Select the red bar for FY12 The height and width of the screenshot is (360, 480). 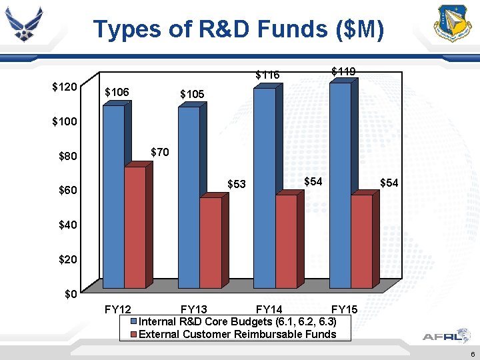point(135,227)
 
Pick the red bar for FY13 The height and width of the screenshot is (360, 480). point(211,243)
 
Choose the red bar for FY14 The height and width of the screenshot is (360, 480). point(286,241)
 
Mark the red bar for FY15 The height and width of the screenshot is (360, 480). point(361,241)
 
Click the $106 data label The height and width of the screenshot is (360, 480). point(117,92)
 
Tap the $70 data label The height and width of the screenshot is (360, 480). point(160,152)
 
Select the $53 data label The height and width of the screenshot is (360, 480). point(237,183)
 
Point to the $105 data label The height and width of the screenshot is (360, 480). point(192,94)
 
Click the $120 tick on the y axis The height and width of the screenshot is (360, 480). point(65,87)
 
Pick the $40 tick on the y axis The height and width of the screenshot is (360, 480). point(67,225)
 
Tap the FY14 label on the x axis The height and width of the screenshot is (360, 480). point(269,309)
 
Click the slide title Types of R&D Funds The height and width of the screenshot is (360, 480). point(238,29)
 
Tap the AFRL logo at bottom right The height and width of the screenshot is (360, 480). point(441,337)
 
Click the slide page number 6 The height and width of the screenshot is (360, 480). point(471,353)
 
